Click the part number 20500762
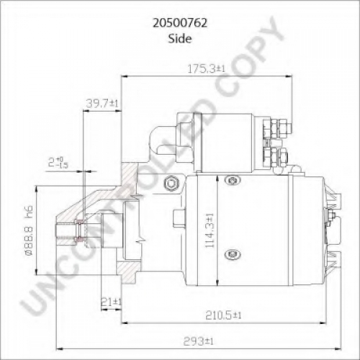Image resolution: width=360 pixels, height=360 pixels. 180,23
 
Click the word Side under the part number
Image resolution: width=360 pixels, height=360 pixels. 180,38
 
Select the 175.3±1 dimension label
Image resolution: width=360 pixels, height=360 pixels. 206,69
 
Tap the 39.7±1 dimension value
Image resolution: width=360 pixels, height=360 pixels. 102,104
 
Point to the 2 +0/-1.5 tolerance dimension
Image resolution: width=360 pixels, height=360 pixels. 58,162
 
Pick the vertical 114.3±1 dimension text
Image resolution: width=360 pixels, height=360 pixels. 210,230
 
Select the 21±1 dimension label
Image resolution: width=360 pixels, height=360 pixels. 111,302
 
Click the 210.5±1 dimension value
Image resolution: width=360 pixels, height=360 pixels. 223,315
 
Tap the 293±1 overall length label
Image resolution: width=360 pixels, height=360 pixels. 198,341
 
